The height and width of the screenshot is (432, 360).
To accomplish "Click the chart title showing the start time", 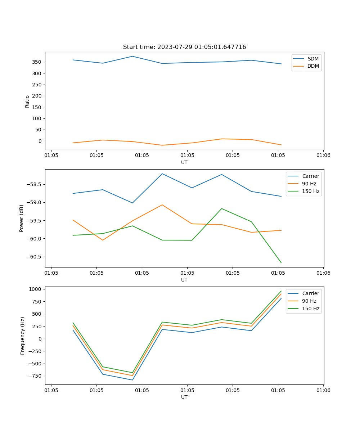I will click(x=184, y=47).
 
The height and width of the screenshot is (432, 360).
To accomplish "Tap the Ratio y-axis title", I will click(x=27, y=101).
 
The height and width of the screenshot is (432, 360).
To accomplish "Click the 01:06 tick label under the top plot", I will click(x=323, y=156).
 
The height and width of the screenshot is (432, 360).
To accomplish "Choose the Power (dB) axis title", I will click(x=22, y=218).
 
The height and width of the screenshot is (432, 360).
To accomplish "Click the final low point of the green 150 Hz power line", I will click(x=281, y=263).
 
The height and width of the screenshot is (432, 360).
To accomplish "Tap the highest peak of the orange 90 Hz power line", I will click(x=162, y=205).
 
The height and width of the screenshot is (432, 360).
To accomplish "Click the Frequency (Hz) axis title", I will click(x=22, y=336).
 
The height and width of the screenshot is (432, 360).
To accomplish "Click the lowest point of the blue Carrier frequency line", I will click(x=132, y=380).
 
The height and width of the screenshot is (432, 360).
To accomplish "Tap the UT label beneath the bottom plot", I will click(x=184, y=397).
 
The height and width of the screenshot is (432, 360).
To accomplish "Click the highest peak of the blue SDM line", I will click(x=132, y=56).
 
